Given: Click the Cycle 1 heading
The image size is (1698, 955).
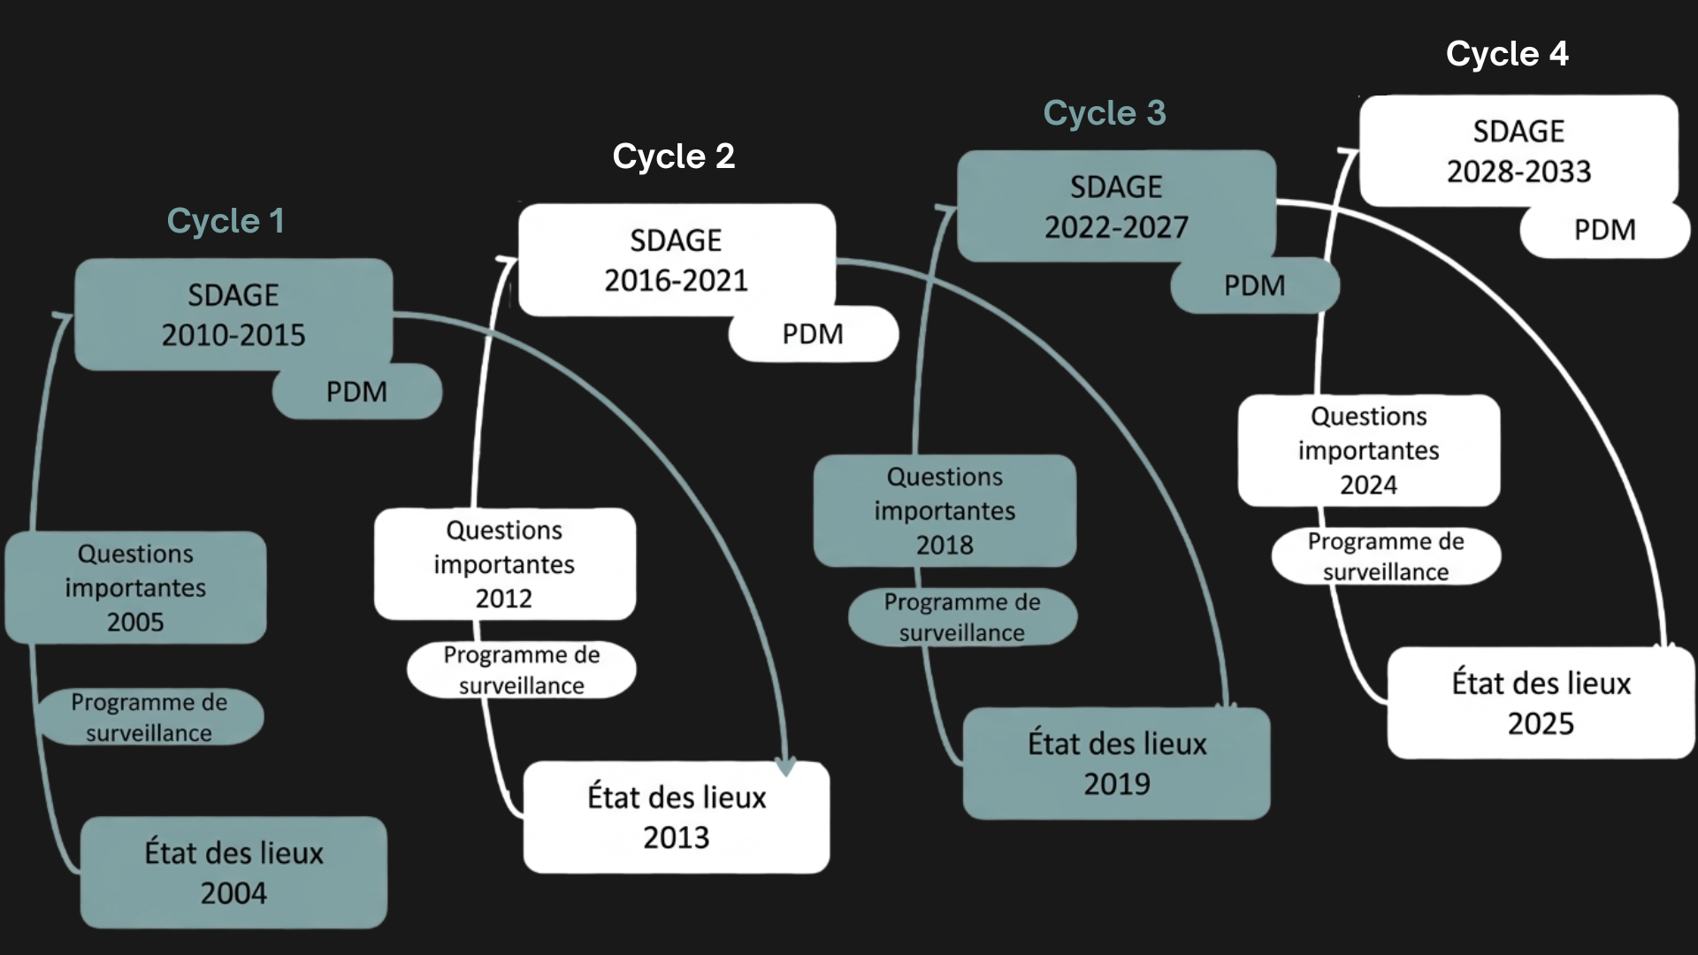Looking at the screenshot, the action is tap(226, 221).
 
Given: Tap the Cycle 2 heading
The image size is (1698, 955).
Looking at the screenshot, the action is tap(674, 157).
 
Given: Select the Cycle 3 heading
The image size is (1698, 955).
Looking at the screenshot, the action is tap(1105, 113).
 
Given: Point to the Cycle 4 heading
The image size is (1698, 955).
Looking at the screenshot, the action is tap(1507, 54).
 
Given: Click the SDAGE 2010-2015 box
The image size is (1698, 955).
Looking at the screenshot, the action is tap(233, 314).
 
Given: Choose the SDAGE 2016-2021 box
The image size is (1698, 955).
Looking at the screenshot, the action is tap(677, 260).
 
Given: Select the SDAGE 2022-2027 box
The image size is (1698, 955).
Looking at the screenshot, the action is tap(1116, 206).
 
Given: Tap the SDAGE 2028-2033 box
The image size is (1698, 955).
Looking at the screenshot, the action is tap(1518, 150).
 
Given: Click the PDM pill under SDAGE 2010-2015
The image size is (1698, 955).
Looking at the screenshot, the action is tap(357, 392).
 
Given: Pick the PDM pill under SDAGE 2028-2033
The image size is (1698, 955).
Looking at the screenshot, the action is tap(1605, 230).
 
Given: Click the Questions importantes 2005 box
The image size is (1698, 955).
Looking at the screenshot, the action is tap(135, 587).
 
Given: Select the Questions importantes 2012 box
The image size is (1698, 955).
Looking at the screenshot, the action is tap(504, 564).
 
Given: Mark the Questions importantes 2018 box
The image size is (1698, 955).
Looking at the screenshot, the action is tap(945, 510).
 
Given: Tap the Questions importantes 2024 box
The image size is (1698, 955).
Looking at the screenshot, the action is tap(1369, 450).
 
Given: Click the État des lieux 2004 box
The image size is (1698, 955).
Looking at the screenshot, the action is tap(233, 873).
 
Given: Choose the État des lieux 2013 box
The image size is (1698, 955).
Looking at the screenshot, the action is tap(677, 817).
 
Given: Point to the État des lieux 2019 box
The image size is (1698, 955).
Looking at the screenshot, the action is tap(1117, 763).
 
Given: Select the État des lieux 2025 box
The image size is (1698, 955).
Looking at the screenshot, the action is tap(1541, 703).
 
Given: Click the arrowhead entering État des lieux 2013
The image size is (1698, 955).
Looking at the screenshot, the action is tap(785, 766).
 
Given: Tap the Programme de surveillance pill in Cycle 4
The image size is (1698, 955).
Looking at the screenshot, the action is tap(1386, 556).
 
